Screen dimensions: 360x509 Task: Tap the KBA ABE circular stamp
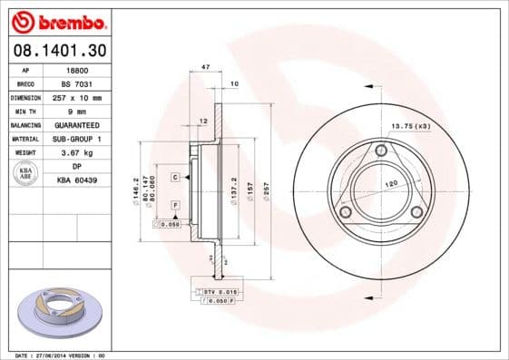pos(24,173)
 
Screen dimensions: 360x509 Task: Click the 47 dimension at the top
pos(206,68)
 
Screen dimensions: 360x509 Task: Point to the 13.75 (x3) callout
pos(410,125)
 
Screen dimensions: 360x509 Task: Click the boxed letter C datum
pos(174,177)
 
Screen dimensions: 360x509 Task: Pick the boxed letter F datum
pos(174,207)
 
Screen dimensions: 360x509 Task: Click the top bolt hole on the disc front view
pos(382,150)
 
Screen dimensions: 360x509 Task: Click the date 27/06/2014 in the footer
pos(52,355)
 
